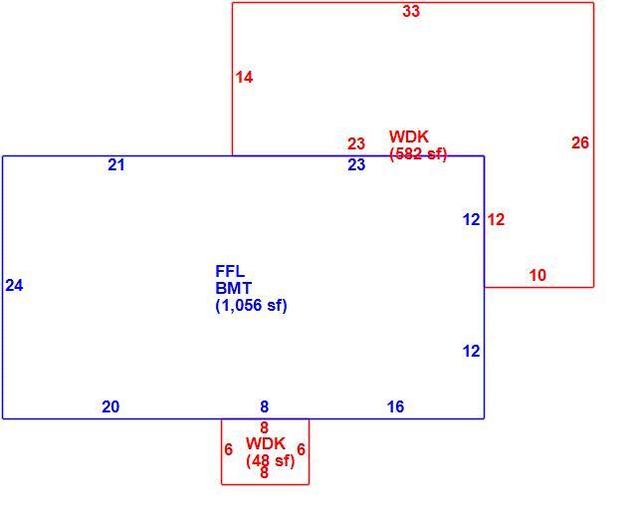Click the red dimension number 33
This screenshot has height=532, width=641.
pos(411,11)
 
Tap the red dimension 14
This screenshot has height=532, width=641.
pos(244,78)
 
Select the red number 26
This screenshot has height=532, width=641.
pos(580,142)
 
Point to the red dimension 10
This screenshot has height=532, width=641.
pos(537,275)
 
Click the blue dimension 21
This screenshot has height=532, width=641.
pos(116,165)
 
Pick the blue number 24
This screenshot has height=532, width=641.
pos(14,285)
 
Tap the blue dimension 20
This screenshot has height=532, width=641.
pos(110,406)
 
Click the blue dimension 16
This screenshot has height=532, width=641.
pos(395,406)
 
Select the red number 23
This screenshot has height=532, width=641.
pos(356,143)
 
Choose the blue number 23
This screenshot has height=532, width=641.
pos(356,165)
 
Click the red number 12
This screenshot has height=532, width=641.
pos(496,220)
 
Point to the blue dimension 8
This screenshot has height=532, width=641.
pos(265,406)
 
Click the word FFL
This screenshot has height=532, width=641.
pos(230,271)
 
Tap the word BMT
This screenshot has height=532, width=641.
pos(234,288)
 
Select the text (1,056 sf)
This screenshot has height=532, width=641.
pos(251,305)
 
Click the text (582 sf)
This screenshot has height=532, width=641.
pos(418,153)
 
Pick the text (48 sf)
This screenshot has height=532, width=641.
pos(270,461)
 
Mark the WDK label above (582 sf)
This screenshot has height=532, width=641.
pos(409,136)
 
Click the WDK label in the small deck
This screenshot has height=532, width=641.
pos(266,443)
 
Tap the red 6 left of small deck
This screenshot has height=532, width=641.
pos(229,449)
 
